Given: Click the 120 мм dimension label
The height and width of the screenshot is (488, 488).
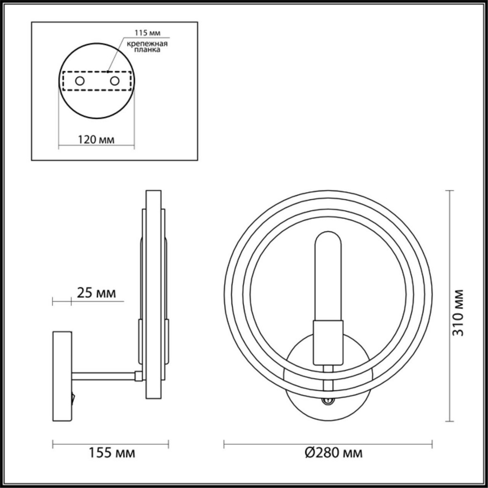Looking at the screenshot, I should click(x=96, y=139).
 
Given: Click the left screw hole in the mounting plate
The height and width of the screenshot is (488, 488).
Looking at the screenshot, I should click(x=80, y=81).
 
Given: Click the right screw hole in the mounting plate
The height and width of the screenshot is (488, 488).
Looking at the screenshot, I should click(x=115, y=81).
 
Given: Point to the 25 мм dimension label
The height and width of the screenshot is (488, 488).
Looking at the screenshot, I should click(x=96, y=293).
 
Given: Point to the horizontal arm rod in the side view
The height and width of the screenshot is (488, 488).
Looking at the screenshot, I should click(x=104, y=376).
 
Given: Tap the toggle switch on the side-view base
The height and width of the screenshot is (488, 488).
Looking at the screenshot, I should click(x=74, y=396).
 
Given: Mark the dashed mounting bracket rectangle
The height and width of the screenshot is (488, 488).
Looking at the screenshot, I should click(x=97, y=81).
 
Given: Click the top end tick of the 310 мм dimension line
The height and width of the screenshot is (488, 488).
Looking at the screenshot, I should click(x=449, y=190).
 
